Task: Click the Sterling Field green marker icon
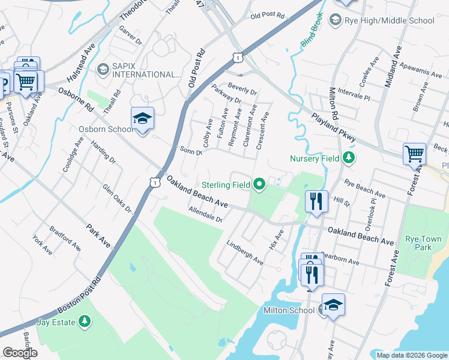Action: coord(259,184)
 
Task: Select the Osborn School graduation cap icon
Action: coord(142,119)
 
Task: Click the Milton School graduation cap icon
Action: coord(333,305)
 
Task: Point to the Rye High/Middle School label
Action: coord(389,20)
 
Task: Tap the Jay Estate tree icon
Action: coord(85,322)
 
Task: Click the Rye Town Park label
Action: coord(419,242)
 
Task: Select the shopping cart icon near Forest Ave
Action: coord(415,154)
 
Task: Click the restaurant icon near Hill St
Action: coord(316,201)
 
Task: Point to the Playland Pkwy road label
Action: coord(333,127)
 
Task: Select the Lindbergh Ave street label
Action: coord(244,253)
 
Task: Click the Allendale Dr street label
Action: coord(205,215)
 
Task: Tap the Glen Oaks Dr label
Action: coord(116,199)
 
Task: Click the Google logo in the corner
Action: coord(20,353)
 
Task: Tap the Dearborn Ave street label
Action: coord(339,259)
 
